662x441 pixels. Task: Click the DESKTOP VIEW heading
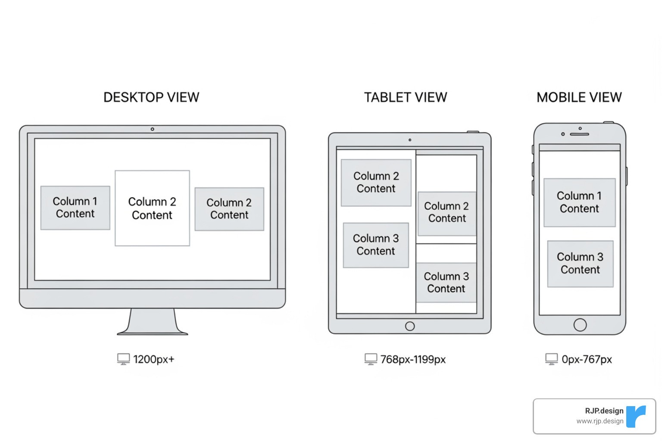(151, 97)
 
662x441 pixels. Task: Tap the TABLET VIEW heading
(405, 97)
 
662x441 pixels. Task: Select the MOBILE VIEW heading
(579, 97)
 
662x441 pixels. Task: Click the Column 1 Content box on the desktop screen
(75, 208)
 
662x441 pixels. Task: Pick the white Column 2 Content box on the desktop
(152, 208)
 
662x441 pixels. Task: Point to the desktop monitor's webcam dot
(152, 129)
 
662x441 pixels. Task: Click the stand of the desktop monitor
(153, 322)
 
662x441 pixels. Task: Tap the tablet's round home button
(410, 326)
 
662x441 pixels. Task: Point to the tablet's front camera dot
(410, 140)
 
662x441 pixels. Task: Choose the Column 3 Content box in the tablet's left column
(376, 245)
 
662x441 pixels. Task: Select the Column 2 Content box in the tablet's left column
(376, 183)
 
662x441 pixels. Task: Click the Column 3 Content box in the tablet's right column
(446, 283)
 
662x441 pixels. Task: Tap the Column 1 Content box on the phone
(579, 202)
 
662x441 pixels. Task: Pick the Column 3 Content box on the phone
(580, 264)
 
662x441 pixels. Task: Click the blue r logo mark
(636, 416)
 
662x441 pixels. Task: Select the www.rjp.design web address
(600, 421)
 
